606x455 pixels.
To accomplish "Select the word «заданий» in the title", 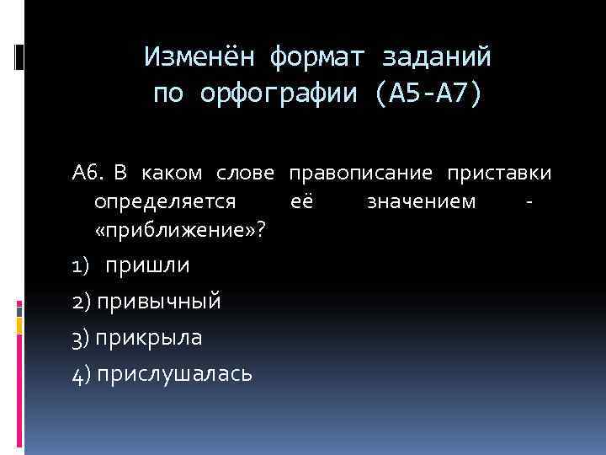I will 438,57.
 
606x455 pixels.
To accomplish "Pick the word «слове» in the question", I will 247,174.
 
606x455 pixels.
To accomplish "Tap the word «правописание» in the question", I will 360,174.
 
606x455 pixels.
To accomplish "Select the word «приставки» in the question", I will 499,174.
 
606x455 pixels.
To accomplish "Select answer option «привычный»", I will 158,302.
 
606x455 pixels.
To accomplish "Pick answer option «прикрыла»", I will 149,337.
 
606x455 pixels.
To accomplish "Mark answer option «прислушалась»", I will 173,373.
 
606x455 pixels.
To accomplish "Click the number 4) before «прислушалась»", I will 82,373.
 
